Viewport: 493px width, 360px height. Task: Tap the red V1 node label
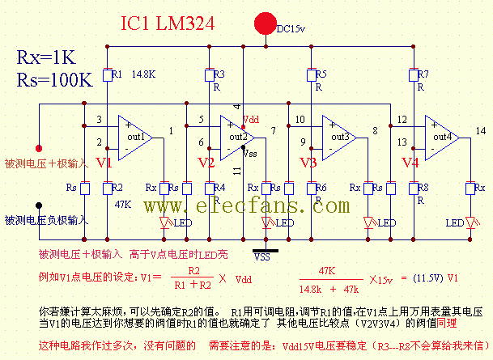click(104, 163)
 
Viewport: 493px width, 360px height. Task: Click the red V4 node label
click(410, 163)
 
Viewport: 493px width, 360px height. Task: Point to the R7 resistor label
click(423, 74)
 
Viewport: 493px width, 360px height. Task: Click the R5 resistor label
click(321, 74)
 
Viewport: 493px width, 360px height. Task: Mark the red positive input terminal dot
click(38, 148)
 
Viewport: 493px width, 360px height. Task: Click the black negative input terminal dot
click(38, 205)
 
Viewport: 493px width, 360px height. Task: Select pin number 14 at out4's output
click(482, 130)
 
